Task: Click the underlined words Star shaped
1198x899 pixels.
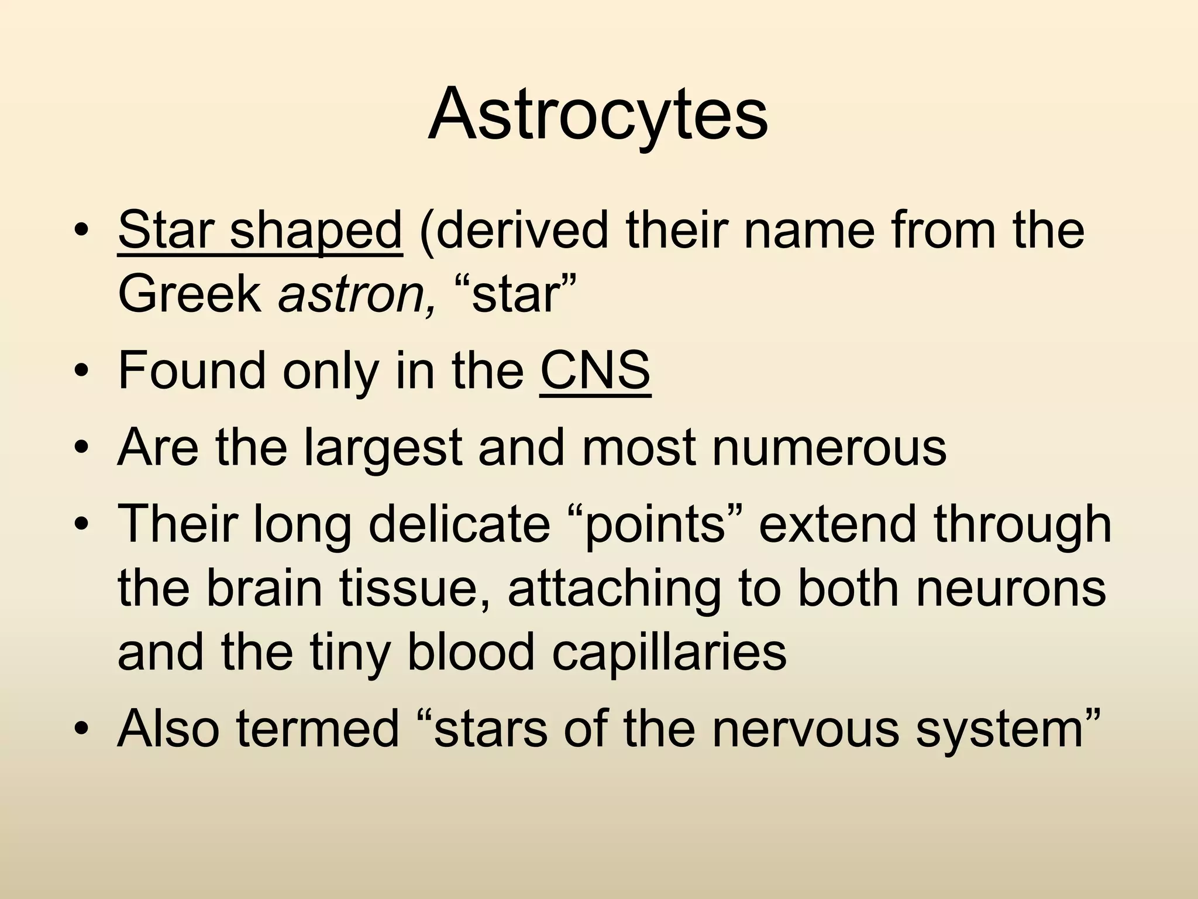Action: pyautogui.click(x=260, y=230)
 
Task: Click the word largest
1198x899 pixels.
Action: pyautogui.click(x=383, y=448)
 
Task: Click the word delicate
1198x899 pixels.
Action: pyautogui.click(x=459, y=524)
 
